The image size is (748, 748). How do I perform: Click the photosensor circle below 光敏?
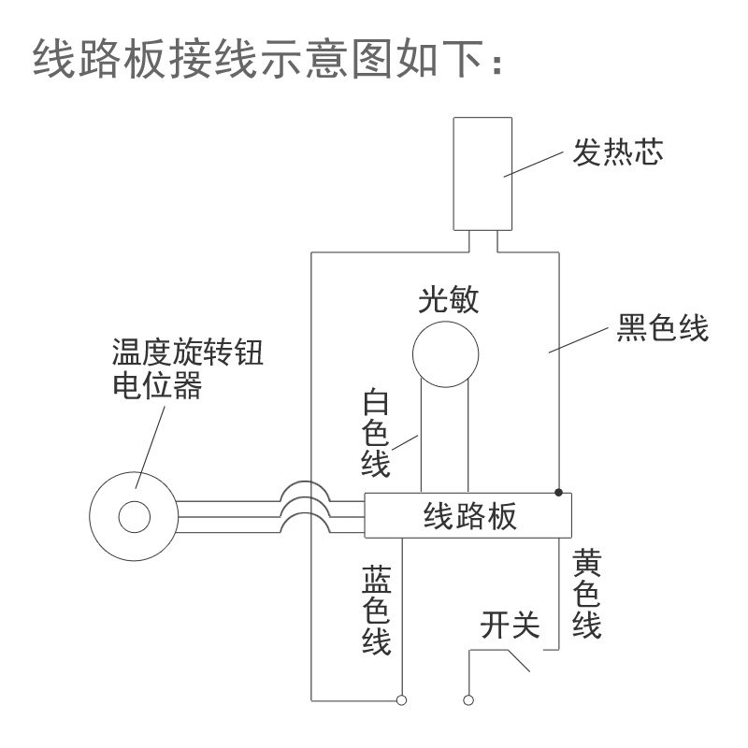(x=446, y=354)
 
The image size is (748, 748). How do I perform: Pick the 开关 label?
(x=510, y=626)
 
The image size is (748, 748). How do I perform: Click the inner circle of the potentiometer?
(x=133, y=516)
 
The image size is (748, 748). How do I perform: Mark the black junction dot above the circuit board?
(x=558, y=492)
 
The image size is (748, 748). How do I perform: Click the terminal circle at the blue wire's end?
(x=401, y=699)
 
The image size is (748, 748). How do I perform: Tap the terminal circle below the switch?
(x=468, y=699)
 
